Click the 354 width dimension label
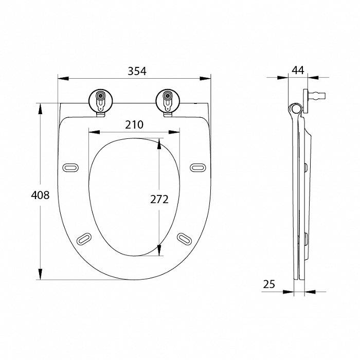tap(137, 71)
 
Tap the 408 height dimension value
tap(40, 195)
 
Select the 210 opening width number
tap(134, 124)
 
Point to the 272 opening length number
tap(159, 200)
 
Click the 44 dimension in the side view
tap(298, 70)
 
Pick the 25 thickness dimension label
tap(269, 284)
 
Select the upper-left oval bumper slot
tap(70, 168)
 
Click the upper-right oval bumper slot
tap(198, 168)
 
